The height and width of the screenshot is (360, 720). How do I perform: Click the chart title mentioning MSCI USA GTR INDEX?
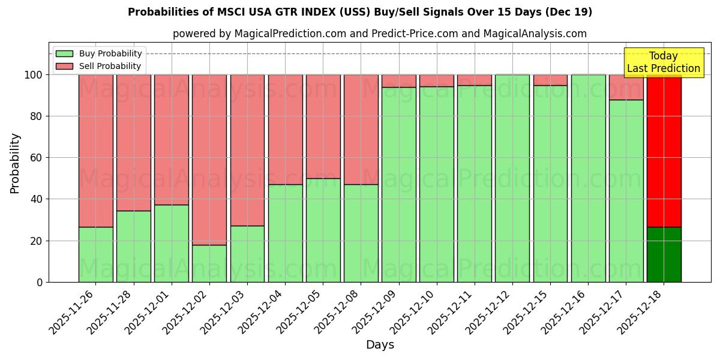click(x=360, y=12)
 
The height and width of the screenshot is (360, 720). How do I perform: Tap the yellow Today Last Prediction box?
click(x=663, y=62)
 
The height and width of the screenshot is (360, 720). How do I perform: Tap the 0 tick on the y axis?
click(x=40, y=282)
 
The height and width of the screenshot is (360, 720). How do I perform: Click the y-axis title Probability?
click(x=15, y=163)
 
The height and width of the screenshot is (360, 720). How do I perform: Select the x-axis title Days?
click(x=380, y=345)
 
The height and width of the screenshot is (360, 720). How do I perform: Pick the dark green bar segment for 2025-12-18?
click(x=664, y=254)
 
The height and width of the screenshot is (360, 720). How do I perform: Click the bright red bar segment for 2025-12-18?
click(x=664, y=150)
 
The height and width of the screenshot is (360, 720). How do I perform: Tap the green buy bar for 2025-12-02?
click(x=209, y=263)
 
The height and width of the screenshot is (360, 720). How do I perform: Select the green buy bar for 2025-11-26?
click(x=95, y=254)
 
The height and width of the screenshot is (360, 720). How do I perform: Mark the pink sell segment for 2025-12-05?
click(x=323, y=127)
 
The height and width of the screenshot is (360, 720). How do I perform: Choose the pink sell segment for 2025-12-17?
click(x=626, y=87)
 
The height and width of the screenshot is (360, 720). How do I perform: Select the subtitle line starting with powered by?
click(x=380, y=34)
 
